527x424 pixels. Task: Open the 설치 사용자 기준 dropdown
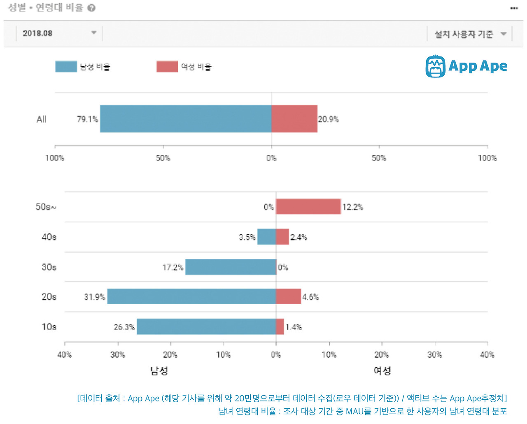(470, 34)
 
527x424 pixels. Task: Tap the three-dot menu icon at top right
(514, 8)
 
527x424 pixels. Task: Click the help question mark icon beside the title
(91, 8)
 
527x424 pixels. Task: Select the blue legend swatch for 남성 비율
(66, 67)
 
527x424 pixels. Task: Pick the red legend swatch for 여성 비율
(167, 67)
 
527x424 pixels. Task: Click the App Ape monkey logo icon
(435, 66)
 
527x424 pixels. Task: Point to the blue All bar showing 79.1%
(185, 119)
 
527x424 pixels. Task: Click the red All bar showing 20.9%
(294, 119)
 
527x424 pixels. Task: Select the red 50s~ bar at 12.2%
(308, 207)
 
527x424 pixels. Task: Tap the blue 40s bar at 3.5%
(266, 237)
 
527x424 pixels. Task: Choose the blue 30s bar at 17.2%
(231, 267)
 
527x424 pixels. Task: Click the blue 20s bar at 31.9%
(191, 296)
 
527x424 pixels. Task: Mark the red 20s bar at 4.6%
(288, 296)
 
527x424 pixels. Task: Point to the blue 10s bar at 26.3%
(206, 326)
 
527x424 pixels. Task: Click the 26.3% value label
(124, 327)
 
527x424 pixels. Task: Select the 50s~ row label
(46, 207)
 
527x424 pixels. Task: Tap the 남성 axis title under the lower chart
(159, 371)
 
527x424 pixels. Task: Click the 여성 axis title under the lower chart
(382, 371)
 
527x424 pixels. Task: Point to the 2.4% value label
(298, 237)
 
